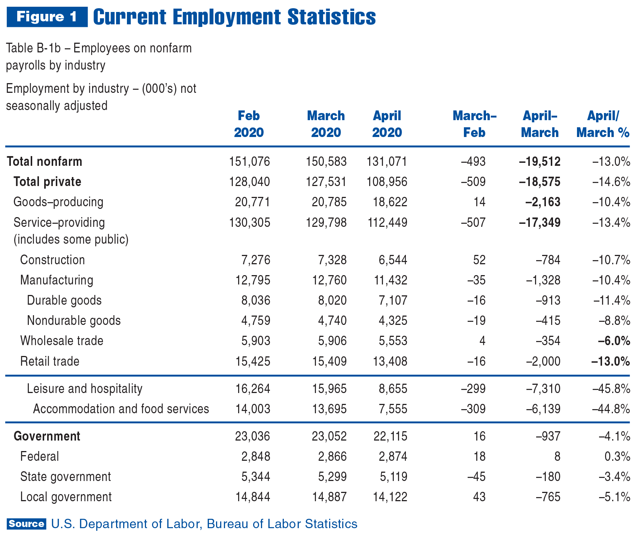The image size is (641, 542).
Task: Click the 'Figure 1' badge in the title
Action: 47,17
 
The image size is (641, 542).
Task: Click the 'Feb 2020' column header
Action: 249,124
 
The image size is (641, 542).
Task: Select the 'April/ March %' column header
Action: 603,124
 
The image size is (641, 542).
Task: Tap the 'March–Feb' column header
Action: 474,124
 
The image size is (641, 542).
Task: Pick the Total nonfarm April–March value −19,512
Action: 540,162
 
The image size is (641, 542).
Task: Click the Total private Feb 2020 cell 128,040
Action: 249,182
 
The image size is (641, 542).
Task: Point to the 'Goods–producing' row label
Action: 58,202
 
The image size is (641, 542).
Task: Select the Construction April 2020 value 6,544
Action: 393,260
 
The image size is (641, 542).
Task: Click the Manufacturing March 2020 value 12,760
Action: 329,280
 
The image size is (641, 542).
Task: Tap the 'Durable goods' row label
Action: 64,301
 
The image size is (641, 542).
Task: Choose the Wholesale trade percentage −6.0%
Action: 614,341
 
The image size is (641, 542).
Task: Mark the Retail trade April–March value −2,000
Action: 543,362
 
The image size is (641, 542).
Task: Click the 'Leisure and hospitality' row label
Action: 85,389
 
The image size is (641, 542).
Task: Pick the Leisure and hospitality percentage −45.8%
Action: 611,389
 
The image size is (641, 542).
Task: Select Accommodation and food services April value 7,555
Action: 393,409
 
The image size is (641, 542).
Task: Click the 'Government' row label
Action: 47,436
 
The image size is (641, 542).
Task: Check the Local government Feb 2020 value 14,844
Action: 253,497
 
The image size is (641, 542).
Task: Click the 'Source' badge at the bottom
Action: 26,524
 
